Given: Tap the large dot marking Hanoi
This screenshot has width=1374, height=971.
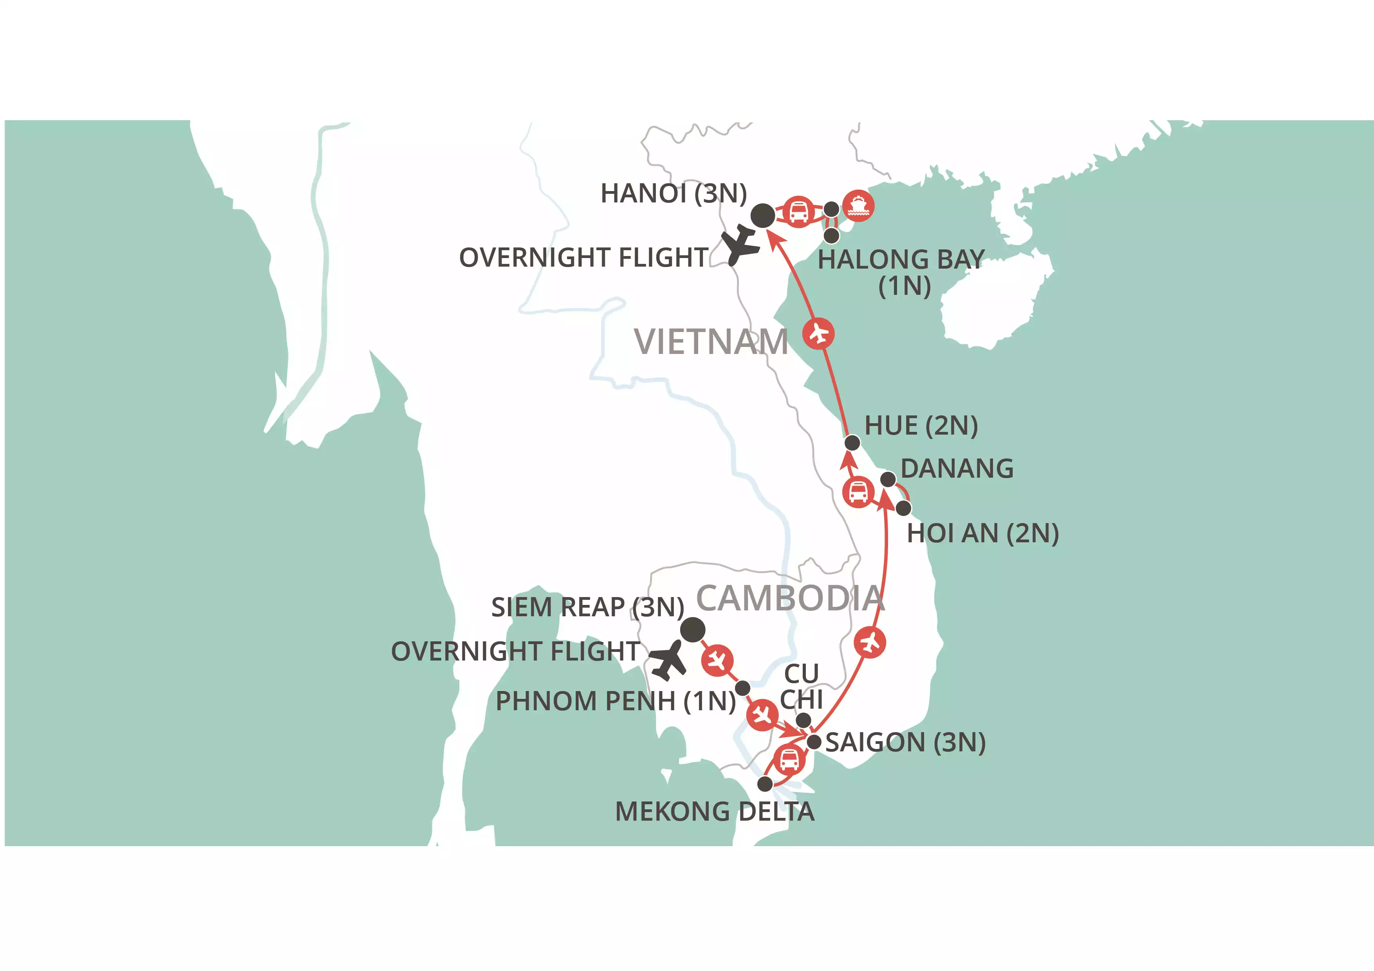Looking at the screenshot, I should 763,215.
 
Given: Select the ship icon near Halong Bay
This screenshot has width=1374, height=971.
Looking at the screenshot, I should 858,206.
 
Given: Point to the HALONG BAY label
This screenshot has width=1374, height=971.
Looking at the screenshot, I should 901,272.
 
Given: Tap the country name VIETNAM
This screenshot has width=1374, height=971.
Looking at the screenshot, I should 711,342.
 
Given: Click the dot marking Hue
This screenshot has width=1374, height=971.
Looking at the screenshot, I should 852,443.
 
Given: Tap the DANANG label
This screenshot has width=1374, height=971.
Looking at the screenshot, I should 957,468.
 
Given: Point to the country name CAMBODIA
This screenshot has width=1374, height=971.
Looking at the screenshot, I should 790,598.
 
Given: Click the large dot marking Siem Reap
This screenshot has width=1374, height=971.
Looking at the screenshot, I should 692,629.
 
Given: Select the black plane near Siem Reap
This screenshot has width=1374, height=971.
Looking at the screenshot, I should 668,661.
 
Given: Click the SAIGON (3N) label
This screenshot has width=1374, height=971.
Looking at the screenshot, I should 905,742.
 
